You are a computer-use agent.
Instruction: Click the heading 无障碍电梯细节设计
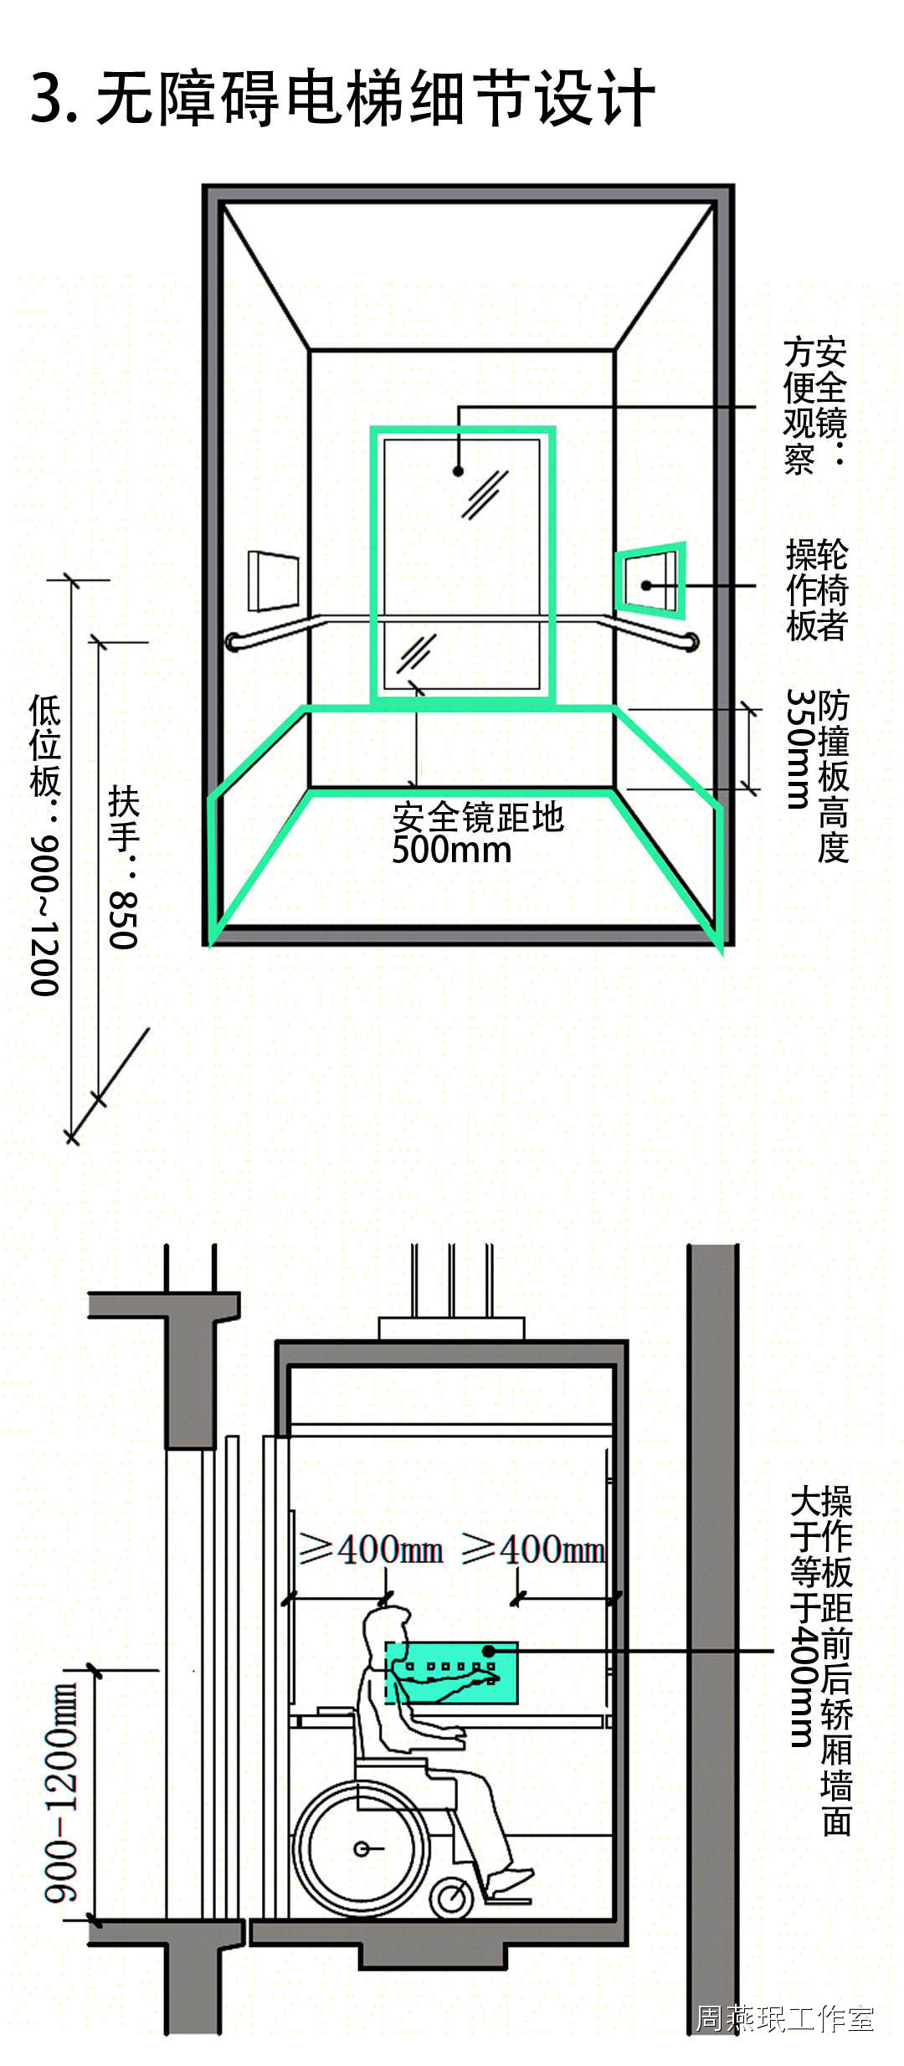(375, 99)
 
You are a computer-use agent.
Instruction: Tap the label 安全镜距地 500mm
(478, 833)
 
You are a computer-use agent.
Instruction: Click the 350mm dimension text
(800, 748)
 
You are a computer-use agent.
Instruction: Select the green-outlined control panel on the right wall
(650, 579)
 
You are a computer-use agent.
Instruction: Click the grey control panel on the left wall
(273, 579)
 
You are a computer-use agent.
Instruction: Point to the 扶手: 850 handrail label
(123, 867)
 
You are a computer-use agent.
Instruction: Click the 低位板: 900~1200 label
(45, 845)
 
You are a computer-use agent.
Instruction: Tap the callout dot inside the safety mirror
(458, 471)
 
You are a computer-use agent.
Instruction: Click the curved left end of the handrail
(234, 642)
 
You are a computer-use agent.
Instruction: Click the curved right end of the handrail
(691, 642)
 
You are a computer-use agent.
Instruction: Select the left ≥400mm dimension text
(371, 1549)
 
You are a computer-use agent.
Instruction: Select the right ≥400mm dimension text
(532, 1549)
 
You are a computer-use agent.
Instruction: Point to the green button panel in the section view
(451, 1673)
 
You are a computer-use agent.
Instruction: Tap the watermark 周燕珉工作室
(784, 2018)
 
